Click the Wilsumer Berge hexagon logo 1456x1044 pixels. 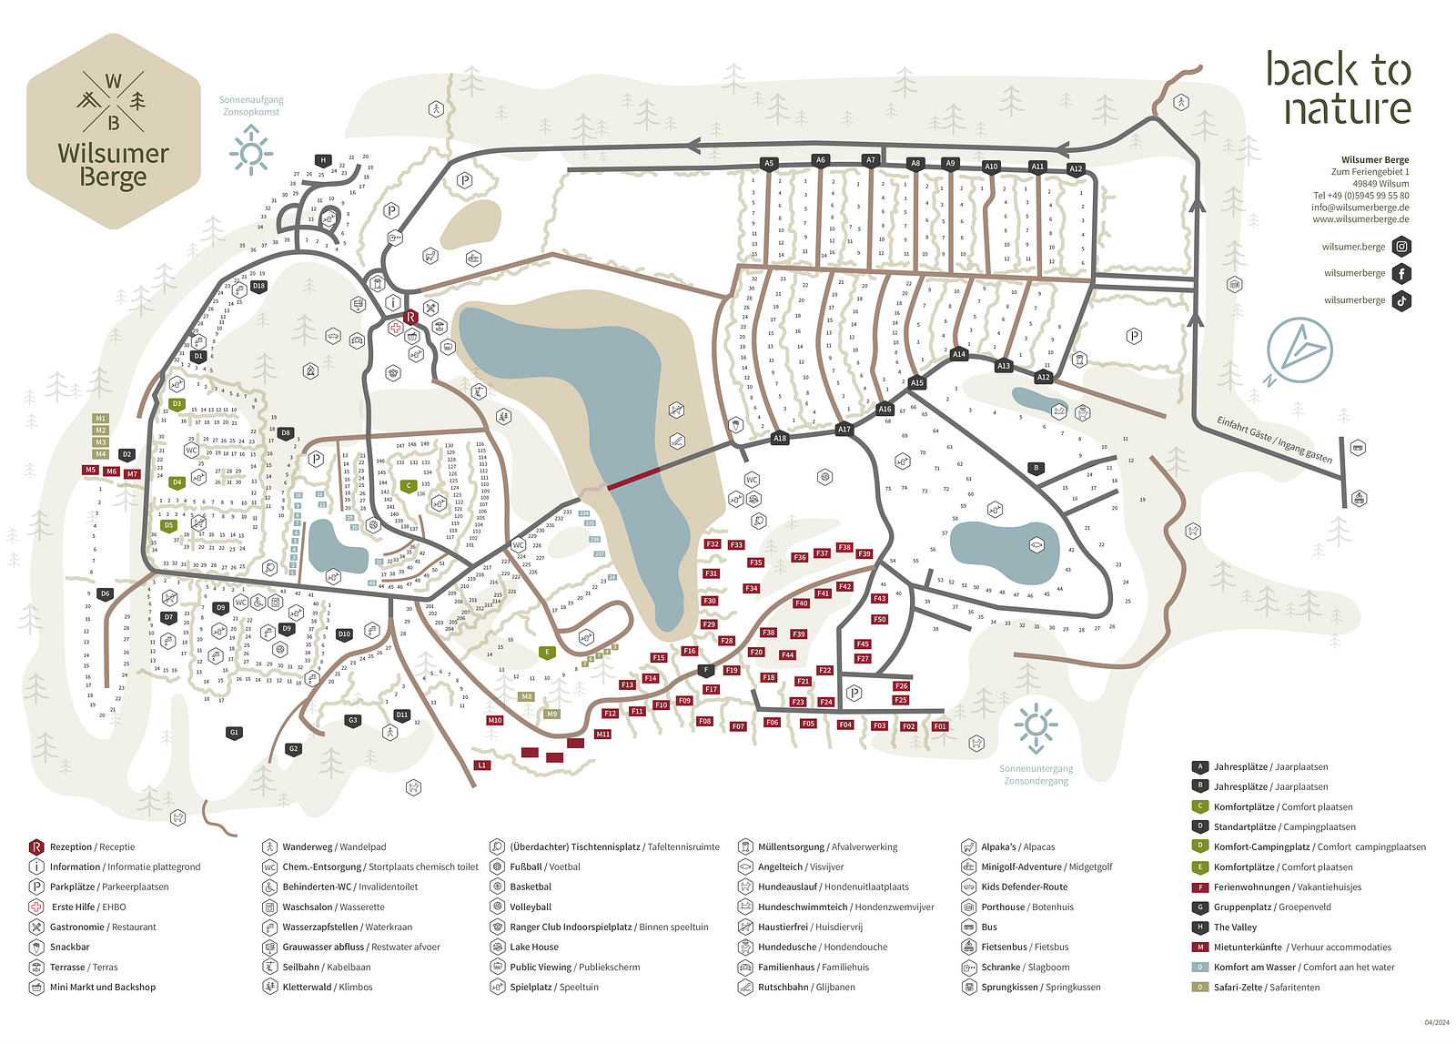[x=113, y=127]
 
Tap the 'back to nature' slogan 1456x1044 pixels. [x=1338, y=88]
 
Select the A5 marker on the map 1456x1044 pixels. [x=769, y=164]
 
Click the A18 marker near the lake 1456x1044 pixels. [x=780, y=438]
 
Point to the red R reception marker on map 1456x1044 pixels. [x=410, y=317]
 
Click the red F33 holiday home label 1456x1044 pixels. [x=736, y=545]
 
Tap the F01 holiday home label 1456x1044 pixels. [x=940, y=726]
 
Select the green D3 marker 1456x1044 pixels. [x=177, y=404]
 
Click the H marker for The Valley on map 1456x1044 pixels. [x=323, y=160]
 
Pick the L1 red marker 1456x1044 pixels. [x=482, y=765]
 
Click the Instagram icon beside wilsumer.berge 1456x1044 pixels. [x=1402, y=247]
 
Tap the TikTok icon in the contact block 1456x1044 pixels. [x=1402, y=300]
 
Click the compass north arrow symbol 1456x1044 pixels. [x=1300, y=350]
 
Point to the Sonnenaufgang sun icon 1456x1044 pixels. [x=251, y=149]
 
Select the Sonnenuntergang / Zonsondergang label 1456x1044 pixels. [x=1036, y=775]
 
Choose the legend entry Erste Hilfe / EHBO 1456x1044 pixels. [x=87, y=907]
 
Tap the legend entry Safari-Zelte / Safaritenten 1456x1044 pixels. [x=1266, y=987]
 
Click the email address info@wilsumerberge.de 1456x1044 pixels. [x=1360, y=208]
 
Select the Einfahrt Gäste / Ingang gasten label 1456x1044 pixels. [x=1274, y=439]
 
